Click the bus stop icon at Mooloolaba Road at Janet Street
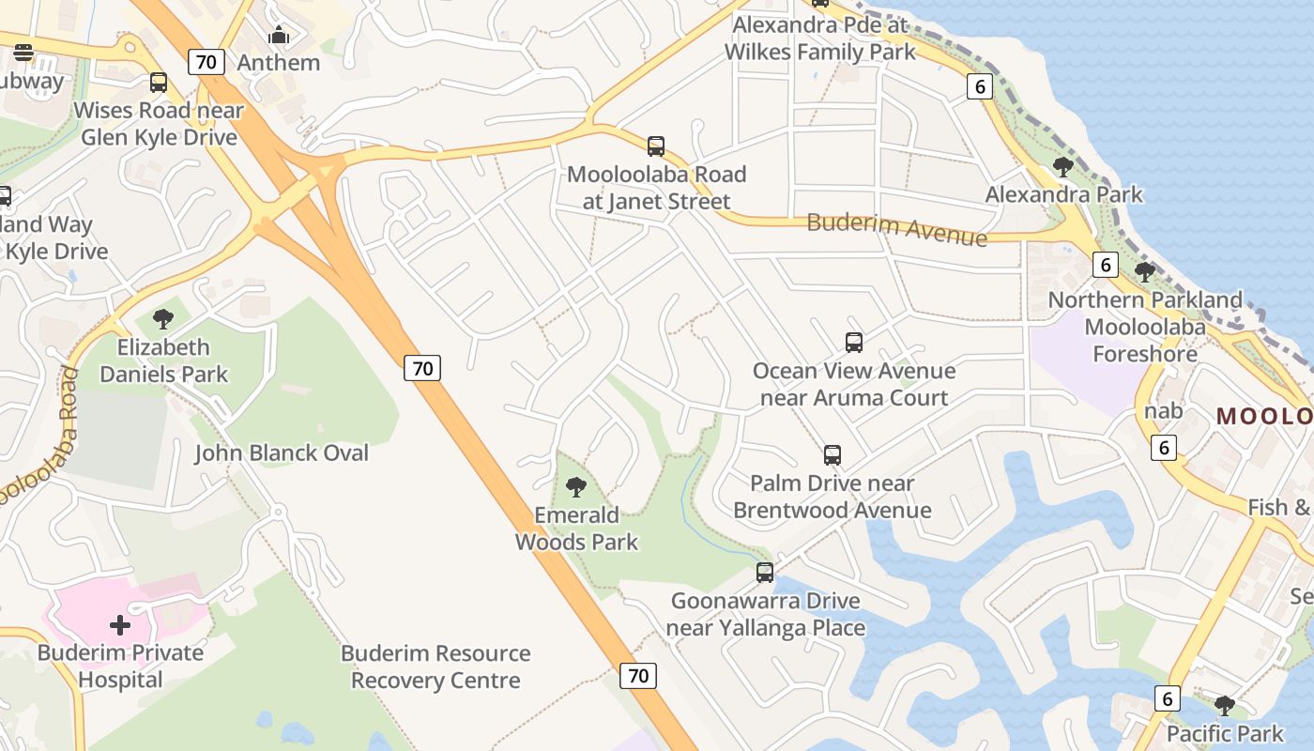[x=656, y=146]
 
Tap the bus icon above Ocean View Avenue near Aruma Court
[x=853, y=343]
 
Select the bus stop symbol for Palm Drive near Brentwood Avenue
[x=833, y=455]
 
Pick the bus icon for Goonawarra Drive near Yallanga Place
[x=765, y=572]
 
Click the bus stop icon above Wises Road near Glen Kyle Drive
[x=159, y=83]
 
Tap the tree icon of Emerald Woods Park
[x=576, y=486]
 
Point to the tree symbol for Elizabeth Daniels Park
[x=163, y=318]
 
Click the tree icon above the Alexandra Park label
[x=1062, y=167]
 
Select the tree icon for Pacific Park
[x=1224, y=705]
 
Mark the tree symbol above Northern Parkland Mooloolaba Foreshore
[x=1144, y=272]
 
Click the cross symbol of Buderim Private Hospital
[x=120, y=624]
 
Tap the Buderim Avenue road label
[x=896, y=229]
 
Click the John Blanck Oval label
[x=282, y=453]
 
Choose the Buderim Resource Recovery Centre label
[x=435, y=667]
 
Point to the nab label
[x=1163, y=410]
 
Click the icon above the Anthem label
[x=279, y=36]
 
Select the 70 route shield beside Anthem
[x=206, y=63]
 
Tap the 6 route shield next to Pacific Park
[x=1167, y=698]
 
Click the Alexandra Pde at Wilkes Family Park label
[x=820, y=38]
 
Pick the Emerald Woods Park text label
[x=576, y=529]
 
